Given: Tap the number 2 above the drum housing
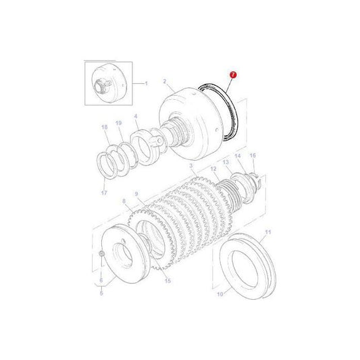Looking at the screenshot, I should click(x=163, y=81).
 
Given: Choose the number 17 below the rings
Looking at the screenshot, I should click(x=104, y=192).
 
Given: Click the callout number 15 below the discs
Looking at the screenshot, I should click(x=168, y=280).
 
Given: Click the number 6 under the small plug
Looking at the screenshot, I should click(x=101, y=280).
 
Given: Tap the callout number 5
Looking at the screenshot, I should click(x=101, y=293).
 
